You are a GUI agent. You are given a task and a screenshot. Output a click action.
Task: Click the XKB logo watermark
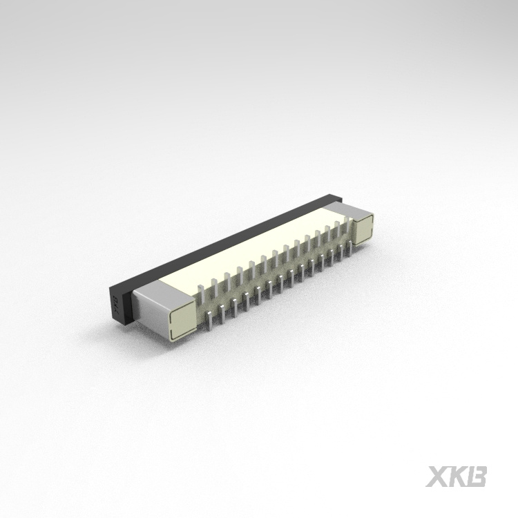tap(457, 477)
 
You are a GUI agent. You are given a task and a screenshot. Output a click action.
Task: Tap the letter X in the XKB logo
tap(438, 477)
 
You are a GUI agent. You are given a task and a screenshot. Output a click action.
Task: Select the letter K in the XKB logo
tap(457, 477)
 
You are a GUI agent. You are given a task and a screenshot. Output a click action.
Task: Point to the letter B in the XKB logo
tap(477, 477)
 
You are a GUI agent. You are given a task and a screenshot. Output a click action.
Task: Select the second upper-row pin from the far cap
tap(327, 233)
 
